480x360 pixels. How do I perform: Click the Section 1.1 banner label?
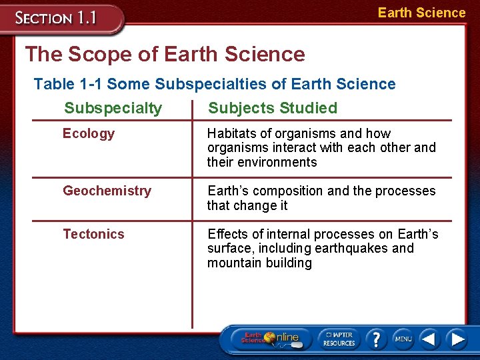click(x=57, y=17)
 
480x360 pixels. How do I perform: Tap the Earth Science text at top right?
click(x=421, y=13)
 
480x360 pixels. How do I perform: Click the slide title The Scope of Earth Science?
click(x=165, y=54)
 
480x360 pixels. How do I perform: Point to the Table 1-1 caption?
click(x=214, y=84)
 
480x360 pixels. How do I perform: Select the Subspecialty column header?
click(x=113, y=108)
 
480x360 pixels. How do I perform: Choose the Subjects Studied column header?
click(x=273, y=108)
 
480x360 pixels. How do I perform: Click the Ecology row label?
click(x=89, y=134)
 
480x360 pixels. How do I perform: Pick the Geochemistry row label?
click(x=107, y=191)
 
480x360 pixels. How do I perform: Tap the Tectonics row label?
click(x=93, y=234)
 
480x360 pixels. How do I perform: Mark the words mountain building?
click(x=259, y=263)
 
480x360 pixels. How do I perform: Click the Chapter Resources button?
click(x=339, y=339)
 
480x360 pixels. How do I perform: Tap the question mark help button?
click(x=376, y=339)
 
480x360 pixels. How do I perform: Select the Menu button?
click(x=403, y=339)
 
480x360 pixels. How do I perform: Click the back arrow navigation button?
click(x=430, y=339)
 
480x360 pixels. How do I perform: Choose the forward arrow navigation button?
click(x=457, y=339)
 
